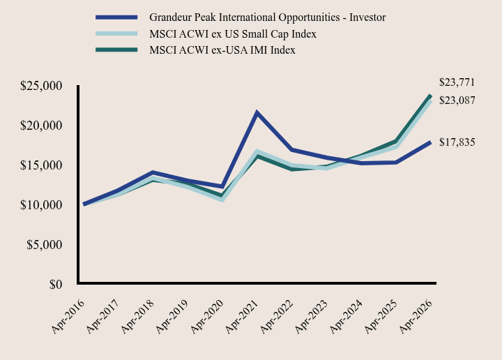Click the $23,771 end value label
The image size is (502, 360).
pos(457,82)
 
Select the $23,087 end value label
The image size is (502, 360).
pos(457,100)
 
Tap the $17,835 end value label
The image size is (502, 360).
pos(457,142)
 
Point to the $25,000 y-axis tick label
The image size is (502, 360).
pos(41,86)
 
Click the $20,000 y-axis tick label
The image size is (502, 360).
pos(41,126)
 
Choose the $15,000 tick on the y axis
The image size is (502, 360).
pos(41,165)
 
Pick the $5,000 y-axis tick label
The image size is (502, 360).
pos(45,245)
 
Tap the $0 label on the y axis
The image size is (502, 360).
pos(56,285)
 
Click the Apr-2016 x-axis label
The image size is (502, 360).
pos(68,317)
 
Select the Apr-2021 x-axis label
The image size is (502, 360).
pos(242,317)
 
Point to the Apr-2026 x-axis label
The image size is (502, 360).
pos(416,317)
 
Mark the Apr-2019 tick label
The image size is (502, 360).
pos(172,317)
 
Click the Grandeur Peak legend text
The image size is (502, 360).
pos(267,17)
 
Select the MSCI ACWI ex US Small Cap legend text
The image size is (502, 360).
pos(233,34)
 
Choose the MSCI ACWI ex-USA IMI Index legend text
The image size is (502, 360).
pos(222,50)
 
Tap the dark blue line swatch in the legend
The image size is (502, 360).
pos(116,17)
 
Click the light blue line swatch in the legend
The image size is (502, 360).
pos(116,33)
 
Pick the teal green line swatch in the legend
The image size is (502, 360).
pos(116,50)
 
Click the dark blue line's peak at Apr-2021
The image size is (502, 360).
pos(257,113)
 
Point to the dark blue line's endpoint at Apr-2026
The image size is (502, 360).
pos(430,143)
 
